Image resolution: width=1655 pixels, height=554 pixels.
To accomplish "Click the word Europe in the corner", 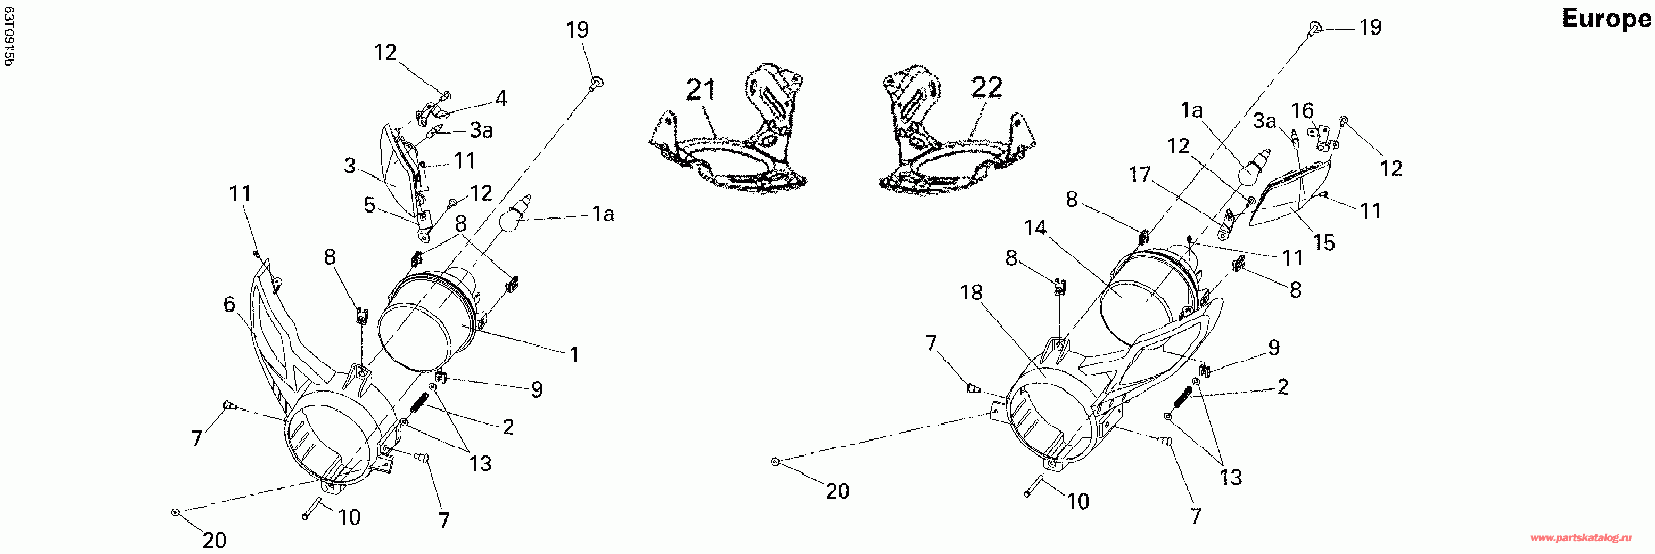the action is (x=1605, y=19).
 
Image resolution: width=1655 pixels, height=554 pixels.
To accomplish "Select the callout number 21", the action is (x=701, y=89).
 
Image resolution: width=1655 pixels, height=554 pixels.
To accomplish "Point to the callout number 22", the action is (x=986, y=87).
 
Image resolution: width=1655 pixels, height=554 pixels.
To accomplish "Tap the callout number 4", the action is (x=501, y=99).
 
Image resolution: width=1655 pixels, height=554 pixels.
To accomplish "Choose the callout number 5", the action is (x=369, y=205).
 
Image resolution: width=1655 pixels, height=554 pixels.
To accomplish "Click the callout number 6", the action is (x=229, y=304).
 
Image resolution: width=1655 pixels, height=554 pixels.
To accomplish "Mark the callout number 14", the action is (x=1035, y=227).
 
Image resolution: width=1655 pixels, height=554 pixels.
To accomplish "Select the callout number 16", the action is (x=1302, y=111).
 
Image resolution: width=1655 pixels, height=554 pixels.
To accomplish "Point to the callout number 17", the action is (x=1140, y=174).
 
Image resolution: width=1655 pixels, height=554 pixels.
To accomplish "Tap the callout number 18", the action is (x=971, y=293).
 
